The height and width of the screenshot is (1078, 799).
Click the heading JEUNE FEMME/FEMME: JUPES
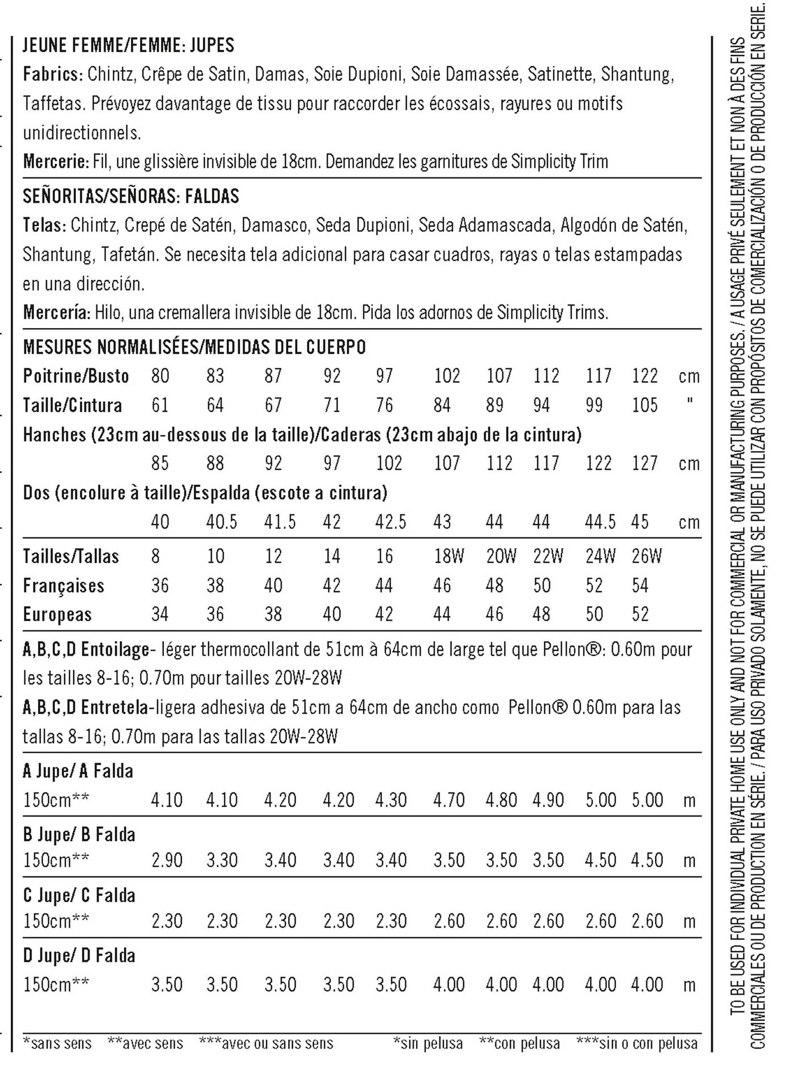point(128,45)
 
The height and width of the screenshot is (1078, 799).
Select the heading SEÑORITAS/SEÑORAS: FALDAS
point(131,196)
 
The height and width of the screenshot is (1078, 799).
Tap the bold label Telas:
point(44,226)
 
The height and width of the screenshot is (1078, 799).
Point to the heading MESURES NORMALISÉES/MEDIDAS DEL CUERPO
point(194,347)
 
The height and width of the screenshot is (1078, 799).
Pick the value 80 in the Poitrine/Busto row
point(160,376)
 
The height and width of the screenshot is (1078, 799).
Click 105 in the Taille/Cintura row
point(645,405)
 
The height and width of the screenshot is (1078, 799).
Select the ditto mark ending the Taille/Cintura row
point(689,402)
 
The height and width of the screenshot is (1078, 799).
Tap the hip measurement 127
point(645,464)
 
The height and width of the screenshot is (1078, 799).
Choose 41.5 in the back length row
point(280,522)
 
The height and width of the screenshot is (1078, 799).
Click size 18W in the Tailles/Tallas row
point(449,557)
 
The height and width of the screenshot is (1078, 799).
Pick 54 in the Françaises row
point(640,585)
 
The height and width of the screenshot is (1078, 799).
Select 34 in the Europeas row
point(160,614)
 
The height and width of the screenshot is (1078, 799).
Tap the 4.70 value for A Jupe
point(449,800)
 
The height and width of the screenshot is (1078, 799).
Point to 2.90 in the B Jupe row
point(167,860)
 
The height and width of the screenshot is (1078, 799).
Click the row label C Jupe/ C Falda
point(79,895)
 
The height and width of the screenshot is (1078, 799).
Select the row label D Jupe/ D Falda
point(79,956)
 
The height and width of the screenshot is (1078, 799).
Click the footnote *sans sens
point(57,1043)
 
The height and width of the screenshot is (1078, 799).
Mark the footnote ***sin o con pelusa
point(637,1043)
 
